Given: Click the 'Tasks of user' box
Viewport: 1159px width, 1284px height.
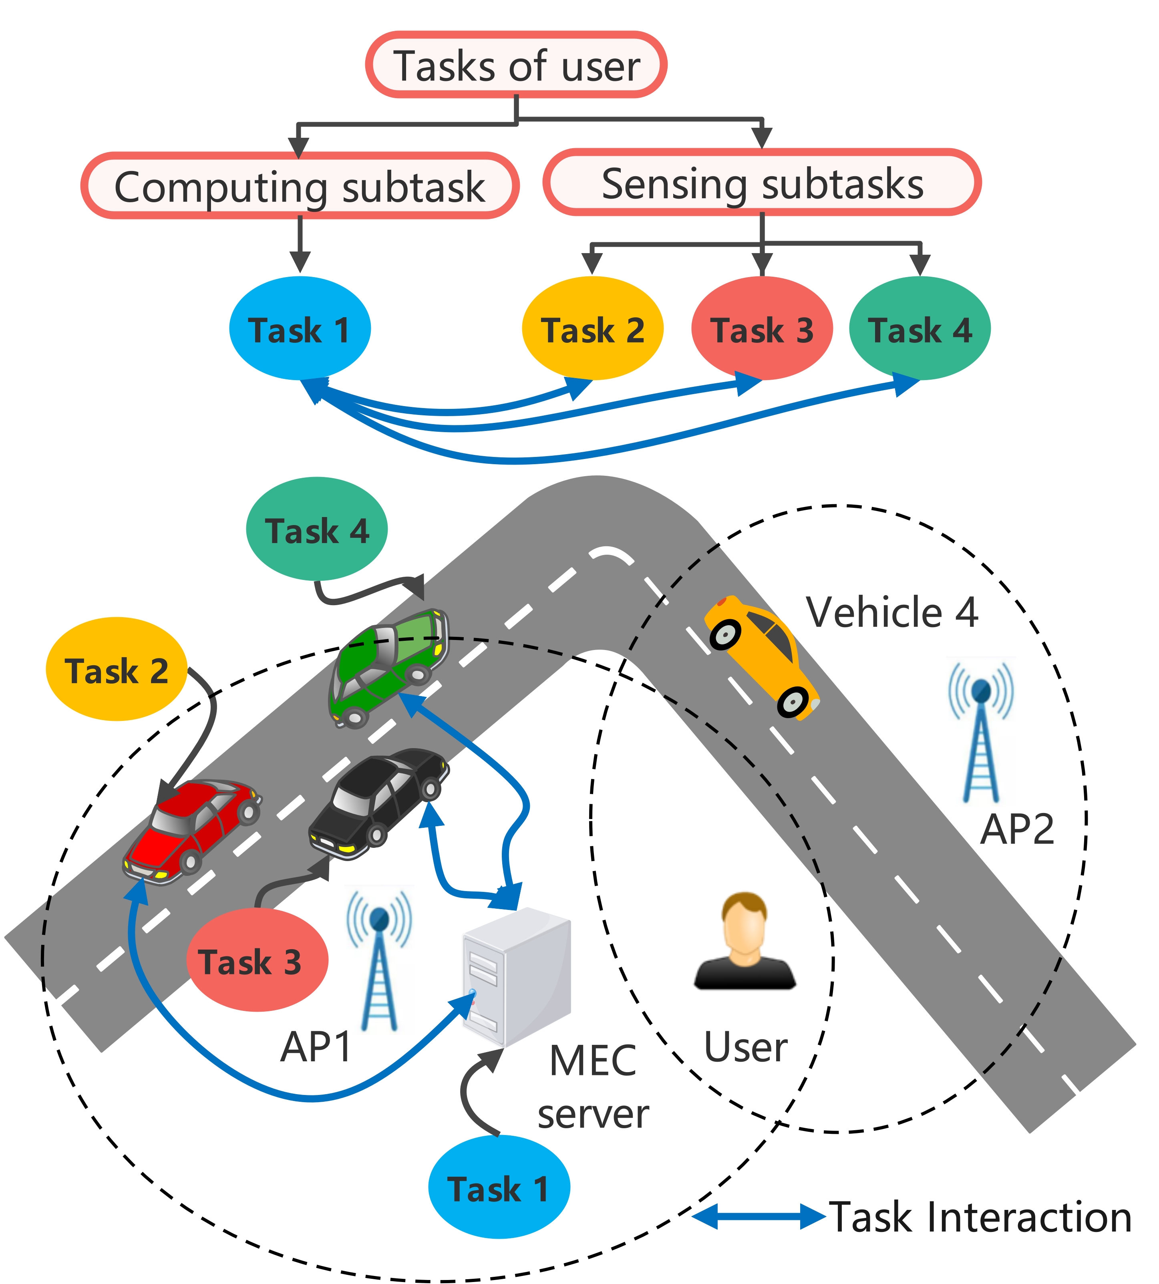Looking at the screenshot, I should (516, 65).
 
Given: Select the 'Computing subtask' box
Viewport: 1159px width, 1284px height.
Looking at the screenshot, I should (299, 186).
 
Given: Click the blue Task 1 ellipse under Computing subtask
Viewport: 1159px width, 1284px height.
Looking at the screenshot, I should (299, 329).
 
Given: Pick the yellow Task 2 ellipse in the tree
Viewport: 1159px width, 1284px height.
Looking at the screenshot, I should (592, 329).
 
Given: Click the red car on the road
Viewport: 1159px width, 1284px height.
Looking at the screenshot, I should (191, 831).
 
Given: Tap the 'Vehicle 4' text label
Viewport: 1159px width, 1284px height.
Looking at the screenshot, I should (891, 613).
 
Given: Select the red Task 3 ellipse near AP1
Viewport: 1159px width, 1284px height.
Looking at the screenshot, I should (257, 960).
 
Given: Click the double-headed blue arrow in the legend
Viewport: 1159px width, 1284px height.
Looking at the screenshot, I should (758, 1216).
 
